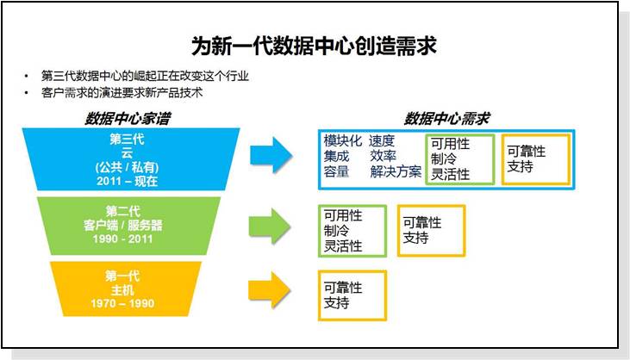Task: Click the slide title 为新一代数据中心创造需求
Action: coord(314,47)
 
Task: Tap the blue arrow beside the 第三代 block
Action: coord(271,155)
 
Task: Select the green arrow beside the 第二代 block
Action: coord(270,226)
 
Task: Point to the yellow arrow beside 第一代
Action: coord(270,290)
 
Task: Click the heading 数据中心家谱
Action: coord(128,118)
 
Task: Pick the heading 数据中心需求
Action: coord(446,118)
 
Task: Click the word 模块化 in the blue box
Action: coord(343,141)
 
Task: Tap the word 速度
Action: coord(382,141)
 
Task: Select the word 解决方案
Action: coord(396,171)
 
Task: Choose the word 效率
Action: coord(383,156)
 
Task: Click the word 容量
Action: coord(336,171)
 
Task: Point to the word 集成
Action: coord(336,156)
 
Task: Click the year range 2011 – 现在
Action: coord(127,181)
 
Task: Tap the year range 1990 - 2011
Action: coord(122,239)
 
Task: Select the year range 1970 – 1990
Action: coord(122,303)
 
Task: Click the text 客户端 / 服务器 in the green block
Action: coord(123,225)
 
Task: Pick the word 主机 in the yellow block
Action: coord(122,289)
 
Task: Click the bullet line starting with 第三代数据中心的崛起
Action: coord(145,76)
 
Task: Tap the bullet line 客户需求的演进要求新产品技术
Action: coord(122,93)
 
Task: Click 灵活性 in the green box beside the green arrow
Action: coord(343,246)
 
